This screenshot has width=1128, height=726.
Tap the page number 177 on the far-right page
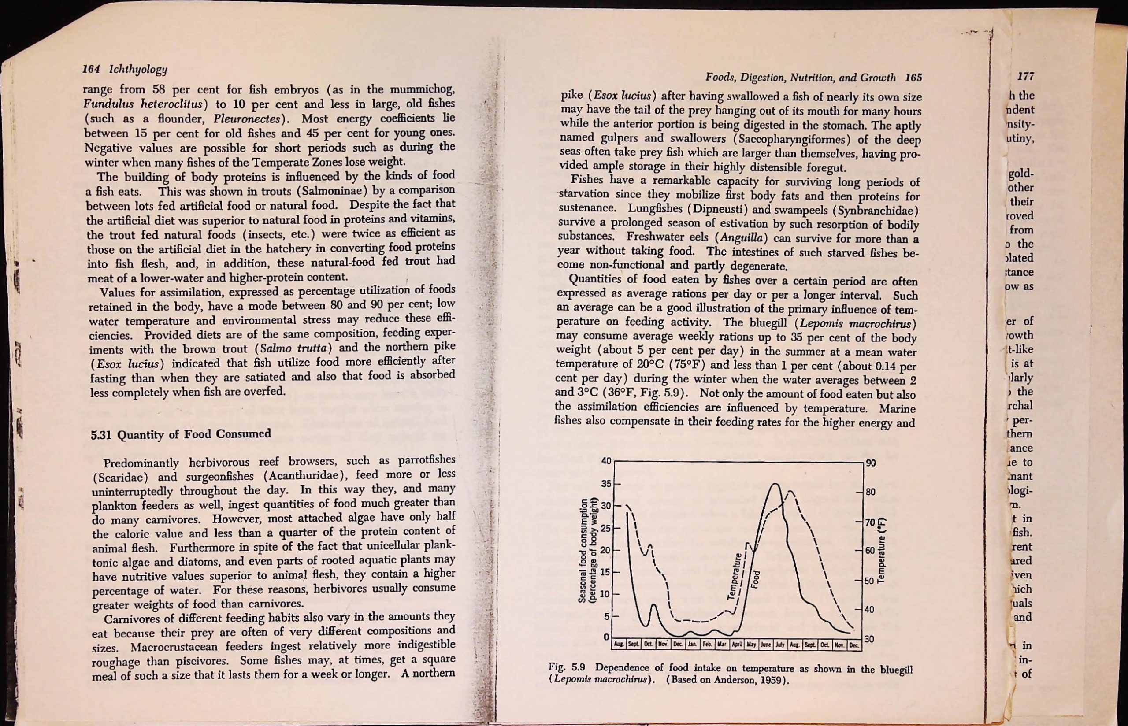(1025, 76)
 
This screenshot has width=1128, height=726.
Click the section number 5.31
(100, 434)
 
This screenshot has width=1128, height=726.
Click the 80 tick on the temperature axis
(870, 492)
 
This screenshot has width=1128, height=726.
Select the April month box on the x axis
(736, 645)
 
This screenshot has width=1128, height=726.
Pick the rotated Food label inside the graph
(755, 580)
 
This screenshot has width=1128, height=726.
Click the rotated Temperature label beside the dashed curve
(732, 576)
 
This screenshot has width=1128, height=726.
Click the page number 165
(913, 78)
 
